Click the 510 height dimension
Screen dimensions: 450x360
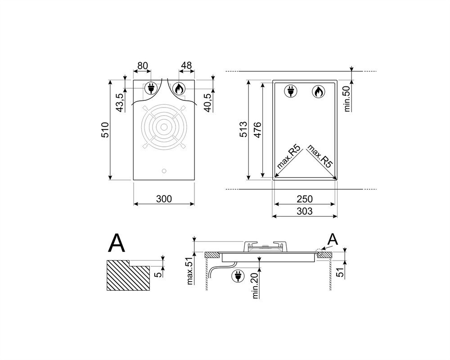(x=105, y=130)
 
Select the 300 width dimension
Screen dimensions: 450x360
(x=164, y=198)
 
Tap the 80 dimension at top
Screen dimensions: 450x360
(x=143, y=66)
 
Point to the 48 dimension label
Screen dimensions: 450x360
(x=186, y=65)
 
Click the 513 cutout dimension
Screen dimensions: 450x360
(x=243, y=130)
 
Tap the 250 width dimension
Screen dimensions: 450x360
(x=305, y=198)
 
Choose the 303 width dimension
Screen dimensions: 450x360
(x=305, y=211)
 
